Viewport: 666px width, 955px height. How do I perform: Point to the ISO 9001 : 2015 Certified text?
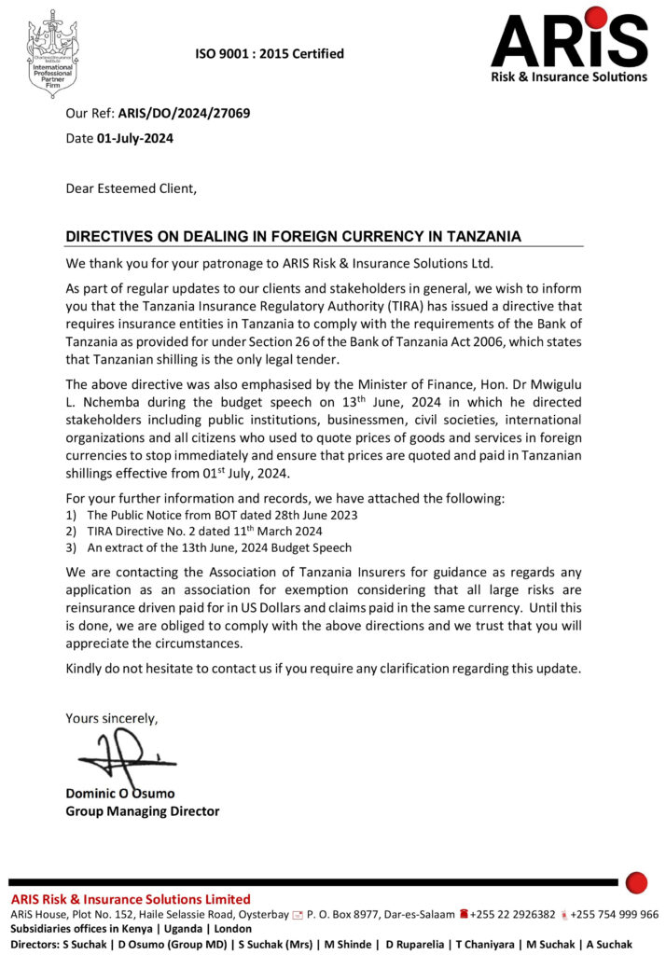269,54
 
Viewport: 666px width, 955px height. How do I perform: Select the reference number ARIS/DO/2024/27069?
184,115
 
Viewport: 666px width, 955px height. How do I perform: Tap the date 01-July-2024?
134,138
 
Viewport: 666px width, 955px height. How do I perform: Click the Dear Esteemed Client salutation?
132,187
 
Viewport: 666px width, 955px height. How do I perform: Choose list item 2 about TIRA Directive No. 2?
216,531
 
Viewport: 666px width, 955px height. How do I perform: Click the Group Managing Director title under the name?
142,810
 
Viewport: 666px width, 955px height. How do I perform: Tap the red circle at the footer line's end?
636,881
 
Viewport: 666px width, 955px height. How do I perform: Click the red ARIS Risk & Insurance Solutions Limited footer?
131,899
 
